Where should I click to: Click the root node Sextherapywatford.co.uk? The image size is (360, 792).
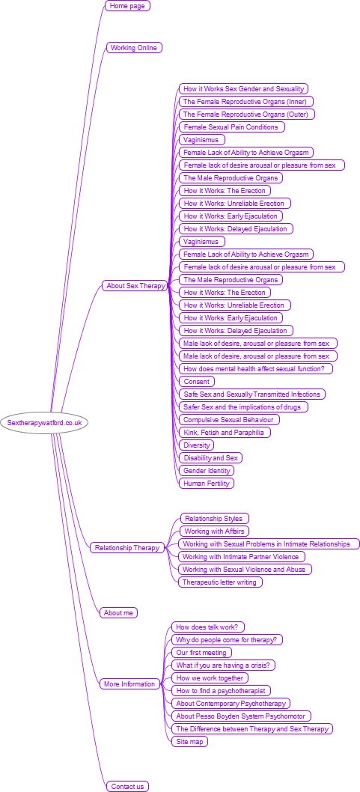[44, 423]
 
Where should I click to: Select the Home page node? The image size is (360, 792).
[127, 5]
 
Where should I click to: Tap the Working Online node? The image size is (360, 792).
[134, 47]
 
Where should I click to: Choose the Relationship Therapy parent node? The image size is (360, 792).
[127, 547]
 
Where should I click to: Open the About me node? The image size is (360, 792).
[119, 612]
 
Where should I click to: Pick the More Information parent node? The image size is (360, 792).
[129, 684]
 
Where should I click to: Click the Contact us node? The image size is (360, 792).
[128, 787]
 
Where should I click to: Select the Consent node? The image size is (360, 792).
[197, 381]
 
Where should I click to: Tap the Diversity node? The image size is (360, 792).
[196, 445]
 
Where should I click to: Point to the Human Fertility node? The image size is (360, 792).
[207, 484]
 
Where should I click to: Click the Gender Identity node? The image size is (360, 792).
[207, 470]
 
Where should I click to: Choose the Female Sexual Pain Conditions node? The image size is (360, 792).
[232, 127]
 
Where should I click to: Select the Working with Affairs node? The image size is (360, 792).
[215, 531]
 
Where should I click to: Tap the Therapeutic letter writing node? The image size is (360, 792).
[220, 582]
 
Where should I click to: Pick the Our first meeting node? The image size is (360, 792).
[202, 652]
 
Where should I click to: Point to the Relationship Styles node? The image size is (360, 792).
[215, 518]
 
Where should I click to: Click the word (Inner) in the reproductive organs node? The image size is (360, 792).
[296, 102]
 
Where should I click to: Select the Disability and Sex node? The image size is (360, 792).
[210, 457]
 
